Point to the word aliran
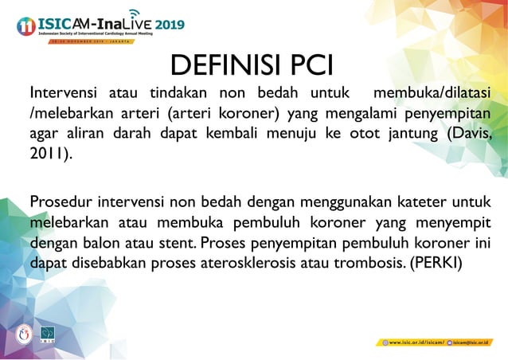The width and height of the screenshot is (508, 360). pyautogui.click(x=85, y=132)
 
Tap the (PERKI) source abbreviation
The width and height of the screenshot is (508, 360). pyautogui.click(x=436, y=262)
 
